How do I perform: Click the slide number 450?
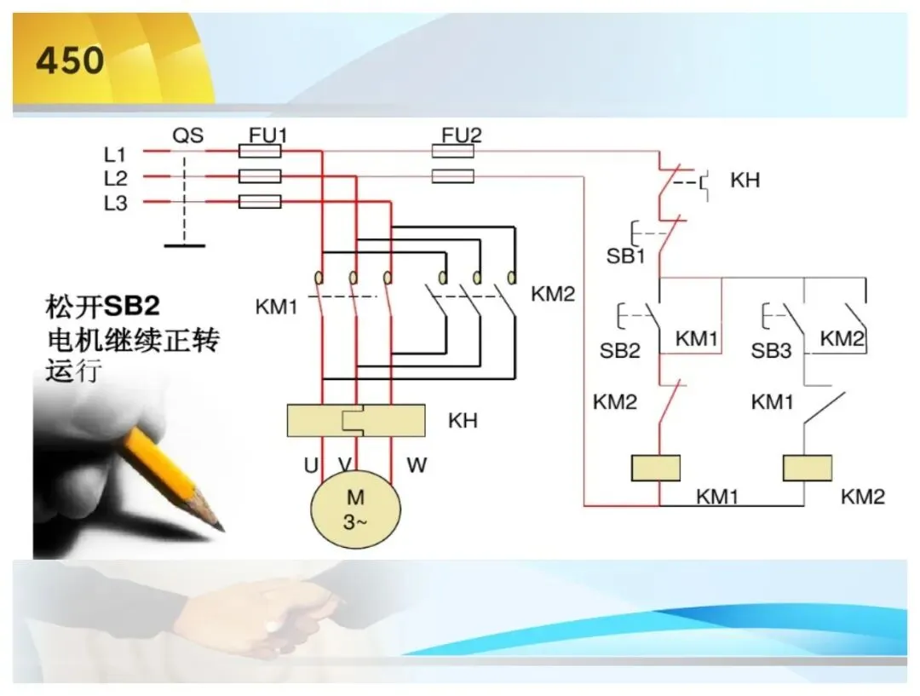(70, 60)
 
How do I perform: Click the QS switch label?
(187, 135)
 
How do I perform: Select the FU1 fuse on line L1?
(259, 152)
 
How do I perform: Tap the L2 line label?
(116, 178)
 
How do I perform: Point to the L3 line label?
(116, 203)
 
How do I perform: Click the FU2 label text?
(461, 135)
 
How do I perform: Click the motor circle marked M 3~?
(355, 509)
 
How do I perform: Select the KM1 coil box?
(655, 468)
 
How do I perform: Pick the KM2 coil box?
(808, 468)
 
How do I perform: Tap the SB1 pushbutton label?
(625, 256)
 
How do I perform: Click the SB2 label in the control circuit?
(619, 351)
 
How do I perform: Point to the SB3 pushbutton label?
(771, 351)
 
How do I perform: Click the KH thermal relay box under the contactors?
(356, 420)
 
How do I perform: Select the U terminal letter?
(311, 465)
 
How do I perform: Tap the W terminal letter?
(417, 465)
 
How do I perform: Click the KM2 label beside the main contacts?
(553, 294)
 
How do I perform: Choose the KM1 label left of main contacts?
(276, 307)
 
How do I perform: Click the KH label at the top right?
(745, 180)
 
